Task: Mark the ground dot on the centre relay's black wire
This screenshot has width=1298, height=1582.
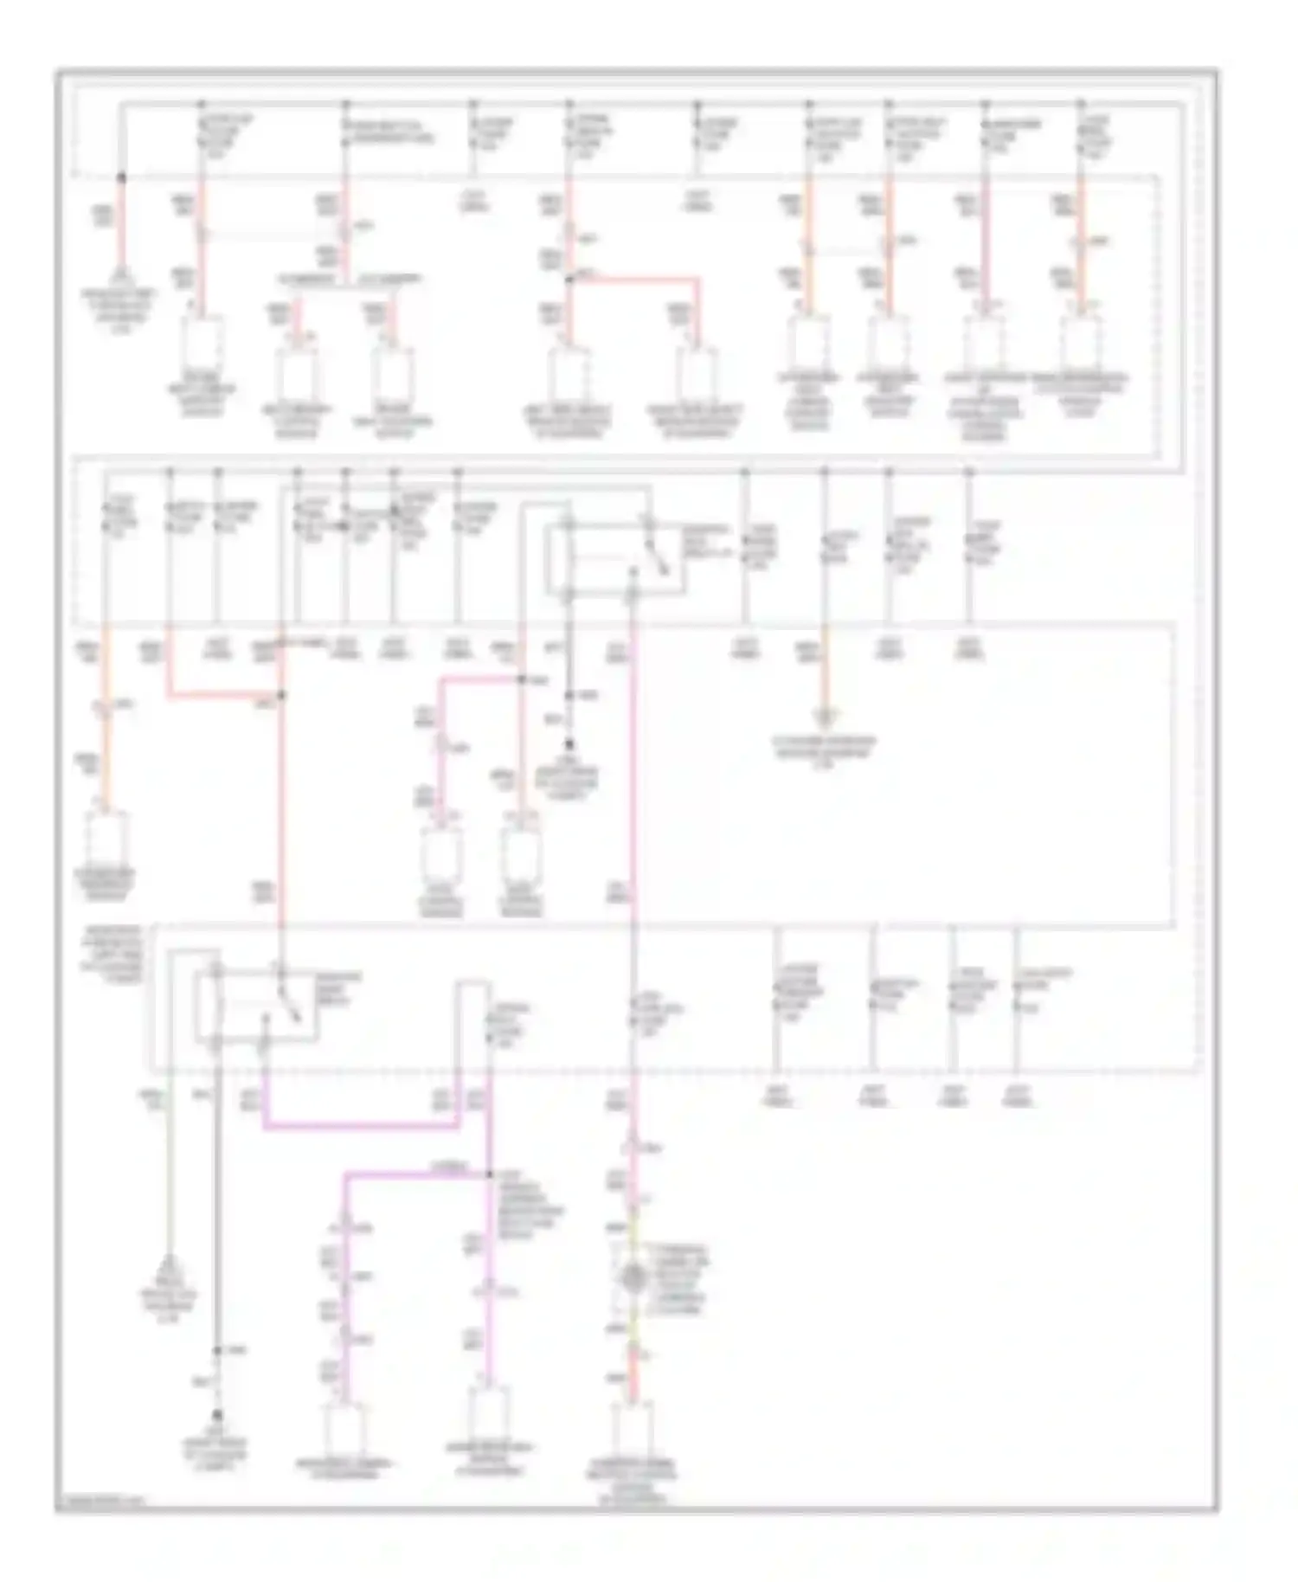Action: tap(569, 743)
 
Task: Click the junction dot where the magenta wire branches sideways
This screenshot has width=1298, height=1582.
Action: tap(489, 1174)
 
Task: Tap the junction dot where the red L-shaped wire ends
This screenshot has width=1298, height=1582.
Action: tap(280, 695)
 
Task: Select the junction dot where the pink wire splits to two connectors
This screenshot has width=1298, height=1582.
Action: tap(522, 680)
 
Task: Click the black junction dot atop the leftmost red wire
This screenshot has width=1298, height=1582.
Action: tap(121, 177)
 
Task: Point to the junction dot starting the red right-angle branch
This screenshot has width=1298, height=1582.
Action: tap(569, 280)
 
